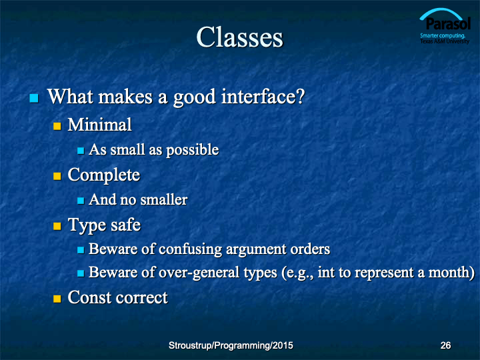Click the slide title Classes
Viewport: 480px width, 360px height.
point(240,37)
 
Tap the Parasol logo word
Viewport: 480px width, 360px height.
point(448,23)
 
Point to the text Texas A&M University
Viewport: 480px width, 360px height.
point(445,41)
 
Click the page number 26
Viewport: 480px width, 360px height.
point(445,345)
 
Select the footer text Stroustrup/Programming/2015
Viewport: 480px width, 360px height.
point(231,345)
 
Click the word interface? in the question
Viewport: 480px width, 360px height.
point(263,97)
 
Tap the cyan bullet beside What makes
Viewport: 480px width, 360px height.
point(34,98)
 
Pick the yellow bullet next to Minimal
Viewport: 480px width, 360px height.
point(57,126)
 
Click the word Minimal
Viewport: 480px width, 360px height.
point(100,125)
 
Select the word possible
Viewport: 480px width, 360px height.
point(193,150)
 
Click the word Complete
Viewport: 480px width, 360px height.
point(104,175)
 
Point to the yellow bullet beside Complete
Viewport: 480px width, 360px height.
point(57,176)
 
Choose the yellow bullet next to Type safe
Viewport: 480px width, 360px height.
point(57,226)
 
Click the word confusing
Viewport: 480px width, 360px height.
point(190,249)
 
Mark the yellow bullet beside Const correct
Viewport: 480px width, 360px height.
point(57,299)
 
